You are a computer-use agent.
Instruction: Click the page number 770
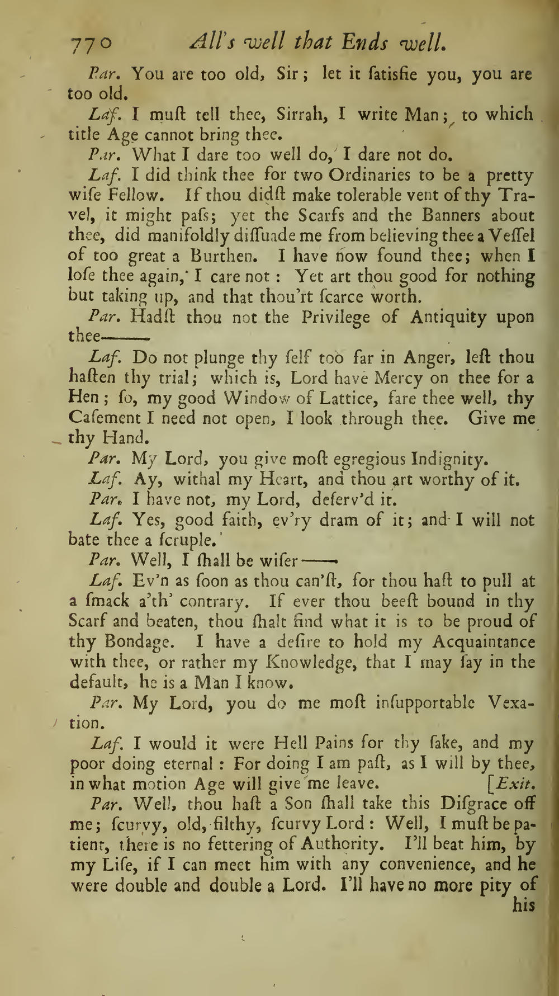pyautogui.click(x=91, y=43)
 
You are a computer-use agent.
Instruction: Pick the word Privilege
pyautogui.click(x=335, y=318)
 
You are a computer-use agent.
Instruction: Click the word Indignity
pyautogui.click(x=449, y=460)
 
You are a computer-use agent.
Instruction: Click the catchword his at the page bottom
pyautogui.click(x=524, y=905)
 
